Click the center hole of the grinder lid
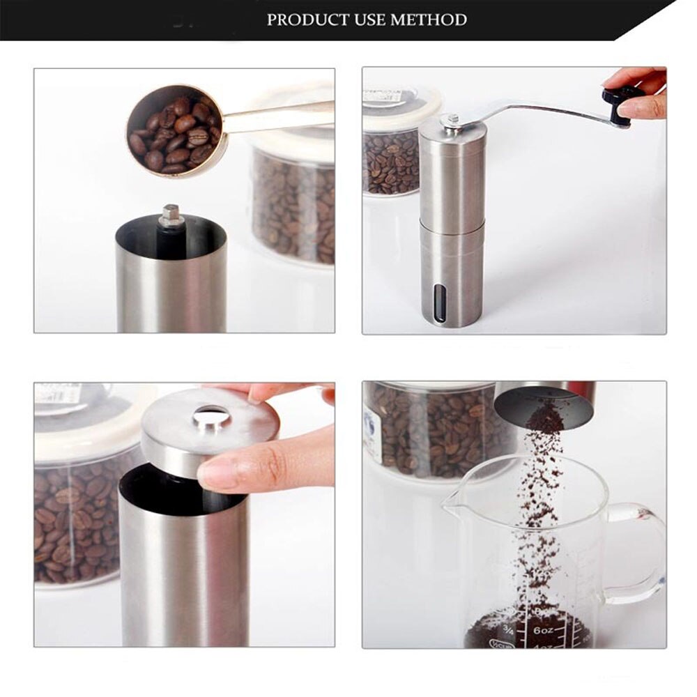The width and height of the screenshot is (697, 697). point(211,418)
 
